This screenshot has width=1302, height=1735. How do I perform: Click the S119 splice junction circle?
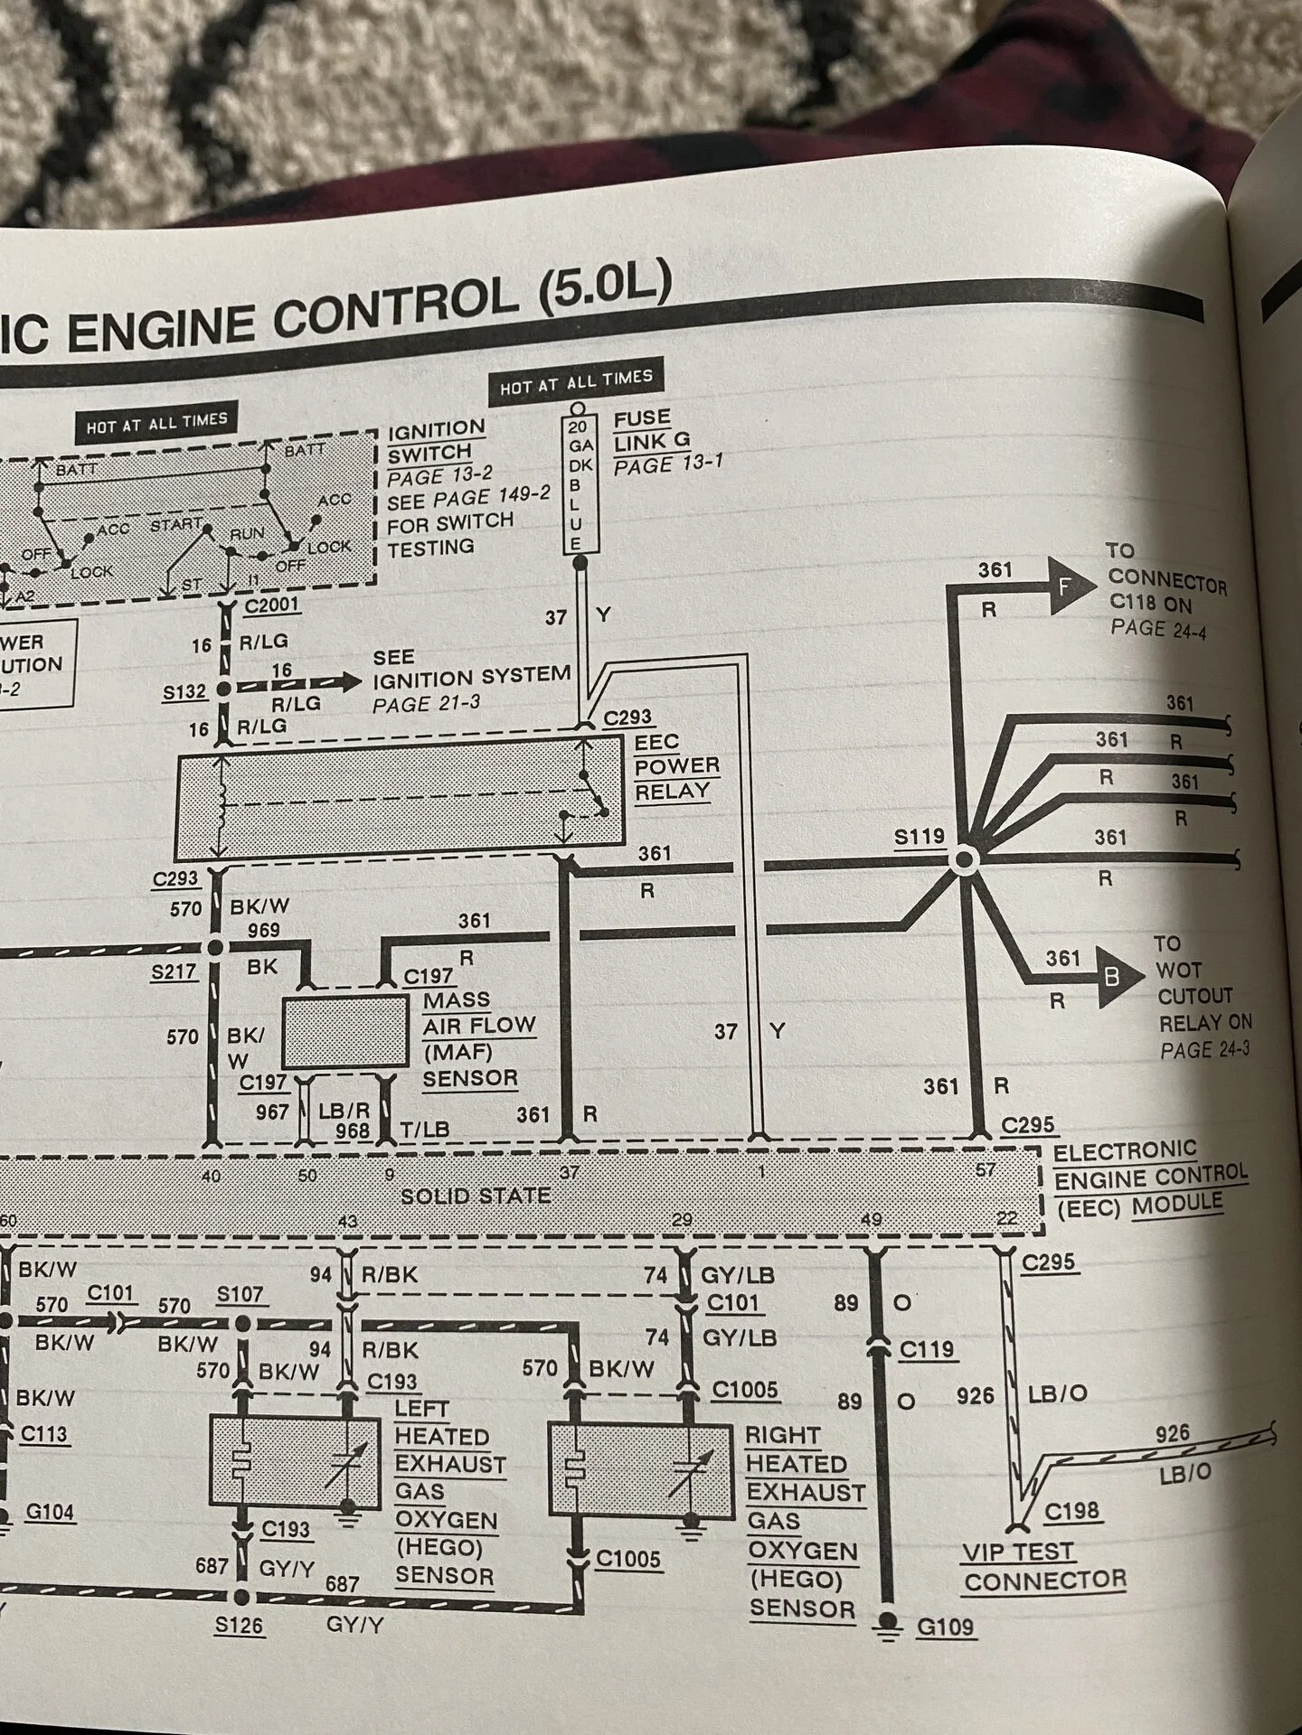(x=962, y=860)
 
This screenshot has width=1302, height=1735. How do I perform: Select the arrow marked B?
(x=1108, y=977)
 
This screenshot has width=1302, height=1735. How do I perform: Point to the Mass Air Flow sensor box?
(x=346, y=1032)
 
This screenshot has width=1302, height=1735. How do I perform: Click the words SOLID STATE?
(x=476, y=1196)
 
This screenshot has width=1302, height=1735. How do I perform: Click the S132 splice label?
(x=184, y=693)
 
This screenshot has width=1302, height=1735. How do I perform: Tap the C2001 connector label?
(x=271, y=605)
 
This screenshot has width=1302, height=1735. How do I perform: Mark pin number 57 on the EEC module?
(x=986, y=1169)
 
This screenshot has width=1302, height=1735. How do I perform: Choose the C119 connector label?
(x=927, y=1349)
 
